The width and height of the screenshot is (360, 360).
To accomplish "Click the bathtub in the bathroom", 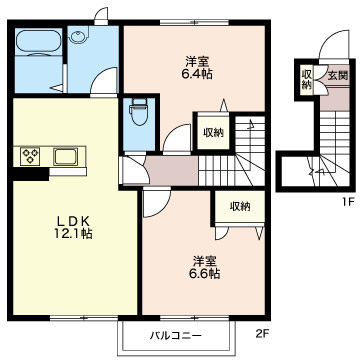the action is click(38, 43).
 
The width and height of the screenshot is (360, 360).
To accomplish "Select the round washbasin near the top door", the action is click(79, 36).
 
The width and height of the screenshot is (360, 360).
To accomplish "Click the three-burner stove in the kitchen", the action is click(30, 156).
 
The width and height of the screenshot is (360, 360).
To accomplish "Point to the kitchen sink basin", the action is click(66, 156).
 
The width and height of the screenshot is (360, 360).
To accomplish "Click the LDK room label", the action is click(72, 221).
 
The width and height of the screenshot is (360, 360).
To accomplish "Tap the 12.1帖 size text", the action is click(73, 234).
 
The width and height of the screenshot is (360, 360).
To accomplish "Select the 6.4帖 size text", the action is click(198, 74).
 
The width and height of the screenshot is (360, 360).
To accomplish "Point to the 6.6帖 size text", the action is click(206, 273).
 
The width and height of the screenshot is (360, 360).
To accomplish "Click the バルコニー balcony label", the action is click(176, 336).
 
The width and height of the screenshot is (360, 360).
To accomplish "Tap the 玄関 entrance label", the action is click(338, 76).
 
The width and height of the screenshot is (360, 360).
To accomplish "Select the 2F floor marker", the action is click(262, 334).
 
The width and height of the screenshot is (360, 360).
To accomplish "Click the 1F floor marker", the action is click(347, 202).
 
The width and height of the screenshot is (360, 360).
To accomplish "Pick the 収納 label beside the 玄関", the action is click(306, 79).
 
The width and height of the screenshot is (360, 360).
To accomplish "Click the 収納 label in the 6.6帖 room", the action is click(240, 207).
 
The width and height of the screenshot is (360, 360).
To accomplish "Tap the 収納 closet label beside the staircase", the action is click(214, 133).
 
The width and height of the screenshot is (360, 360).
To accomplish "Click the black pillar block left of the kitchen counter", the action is click(30, 174).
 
